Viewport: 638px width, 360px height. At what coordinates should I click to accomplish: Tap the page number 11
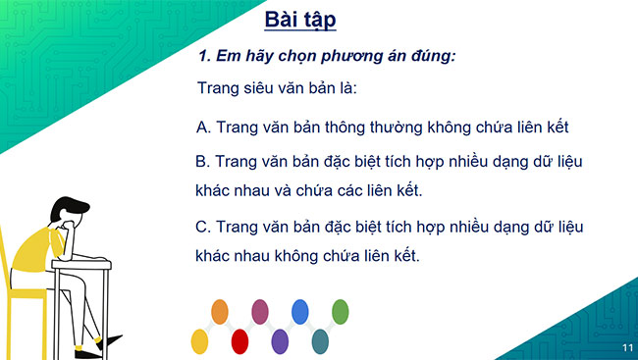[x=626, y=347]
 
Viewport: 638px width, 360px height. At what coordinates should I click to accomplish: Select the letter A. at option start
[x=204, y=128]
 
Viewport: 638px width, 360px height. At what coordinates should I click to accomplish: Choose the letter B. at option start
[x=204, y=161]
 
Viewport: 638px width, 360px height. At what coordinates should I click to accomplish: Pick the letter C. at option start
[x=204, y=227]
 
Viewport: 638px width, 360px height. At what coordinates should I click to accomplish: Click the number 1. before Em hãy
[x=206, y=56]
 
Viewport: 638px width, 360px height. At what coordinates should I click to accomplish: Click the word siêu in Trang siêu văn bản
[x=261, y=89]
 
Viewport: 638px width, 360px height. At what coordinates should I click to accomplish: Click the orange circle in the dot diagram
[x=221, y=312]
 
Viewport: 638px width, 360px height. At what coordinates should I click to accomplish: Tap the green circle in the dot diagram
[x=340, y=312]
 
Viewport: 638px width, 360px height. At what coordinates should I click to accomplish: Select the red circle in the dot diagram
[x=239, y=340]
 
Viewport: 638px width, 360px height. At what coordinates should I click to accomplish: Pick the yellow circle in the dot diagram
[x=200, y=340]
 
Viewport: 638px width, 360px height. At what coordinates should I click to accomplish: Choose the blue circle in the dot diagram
[x=299, y=312]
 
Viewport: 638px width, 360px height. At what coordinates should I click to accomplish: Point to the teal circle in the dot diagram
[x=319, y=340]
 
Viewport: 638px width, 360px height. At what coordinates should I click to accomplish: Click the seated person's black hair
[x=66, y=209]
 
